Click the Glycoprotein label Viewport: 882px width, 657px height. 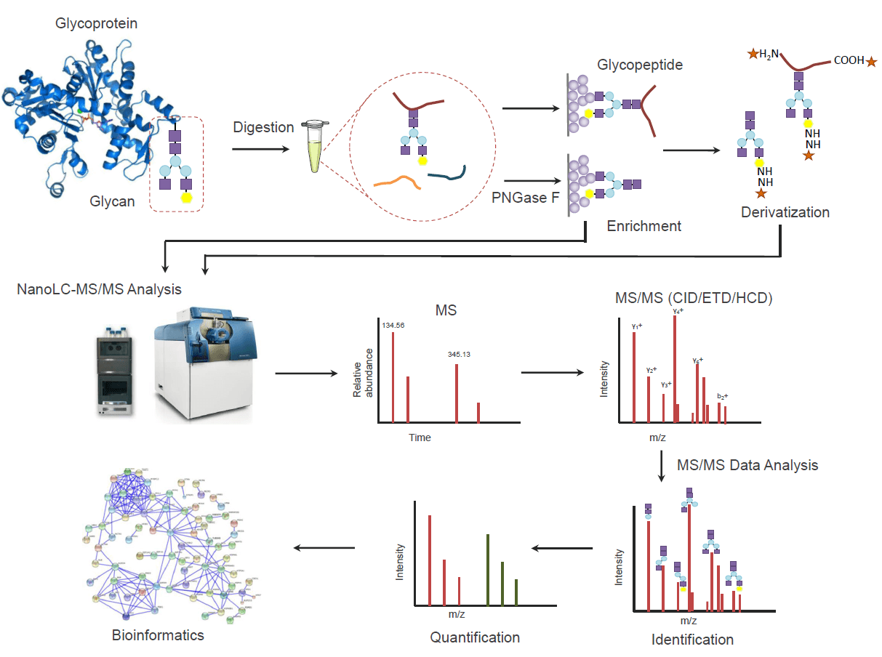tap(97, 24)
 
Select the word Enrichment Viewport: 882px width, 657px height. tap(644, 226)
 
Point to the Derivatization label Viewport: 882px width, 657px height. tap(785, 213)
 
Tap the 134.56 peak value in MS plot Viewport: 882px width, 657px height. tap(393, 326)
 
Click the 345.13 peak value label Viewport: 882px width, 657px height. tap(459, 355)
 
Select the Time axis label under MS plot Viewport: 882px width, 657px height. tap(420, 438)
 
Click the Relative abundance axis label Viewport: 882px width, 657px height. tap(362, 372)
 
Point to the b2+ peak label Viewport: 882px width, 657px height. tap(722, 396)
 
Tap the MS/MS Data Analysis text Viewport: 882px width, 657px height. tap(747, 465)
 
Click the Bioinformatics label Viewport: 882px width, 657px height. tap(158, 635)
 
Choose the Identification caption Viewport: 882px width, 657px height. tap(692, 640)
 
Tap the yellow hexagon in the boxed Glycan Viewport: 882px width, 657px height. tap(185, 197)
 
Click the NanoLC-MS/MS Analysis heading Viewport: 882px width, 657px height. tap(99, 289)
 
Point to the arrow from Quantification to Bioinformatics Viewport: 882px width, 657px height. tap(324, 548)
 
